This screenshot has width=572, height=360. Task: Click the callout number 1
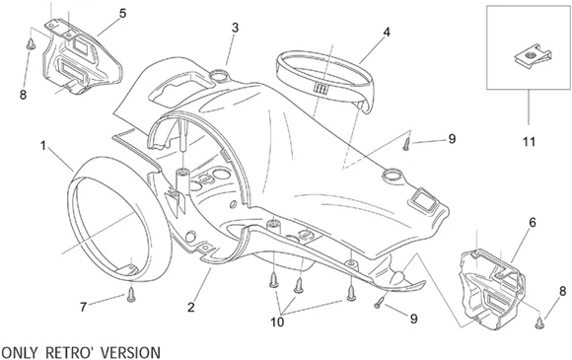pyautogui.click(x=43, y=146)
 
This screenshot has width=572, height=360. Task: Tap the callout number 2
pyautogui.click(x=191, y=308)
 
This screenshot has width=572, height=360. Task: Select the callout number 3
pyautogui.click(x=236, y=28)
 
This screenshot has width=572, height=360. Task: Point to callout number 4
pyautogui.click(x=387, y=33)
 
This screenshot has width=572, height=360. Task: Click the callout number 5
pyautogui.click(x=122, y=14)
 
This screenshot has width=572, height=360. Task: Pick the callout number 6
pyautogui.click(x=533, y=222)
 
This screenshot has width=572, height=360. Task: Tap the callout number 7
pyautogui.click(x=83, y=307)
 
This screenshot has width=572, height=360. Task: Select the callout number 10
pyautogui.click(x=277, y=323)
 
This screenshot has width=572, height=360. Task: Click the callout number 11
pyautogui.click(x=529, y=141)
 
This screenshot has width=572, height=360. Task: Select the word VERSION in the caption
pyautogui.click(x=130, y=352)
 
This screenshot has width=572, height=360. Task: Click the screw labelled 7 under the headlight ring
pyautogui.click(x=131, y=294)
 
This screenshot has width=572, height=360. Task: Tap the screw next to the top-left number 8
pyautogui.click(x=31, y=44)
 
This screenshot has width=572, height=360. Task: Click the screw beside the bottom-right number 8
pyautogui.click(x=539, y=323)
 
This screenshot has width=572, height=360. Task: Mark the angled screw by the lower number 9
pyautogui.click(x=380, y=303)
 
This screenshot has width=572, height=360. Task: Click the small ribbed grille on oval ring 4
pyautogui.click(x=322, y=88)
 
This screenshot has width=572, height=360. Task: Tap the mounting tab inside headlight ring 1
pyautogui.click(x=126, y=270)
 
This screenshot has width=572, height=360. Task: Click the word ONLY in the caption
pyautogui.click(x=20, y=352)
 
